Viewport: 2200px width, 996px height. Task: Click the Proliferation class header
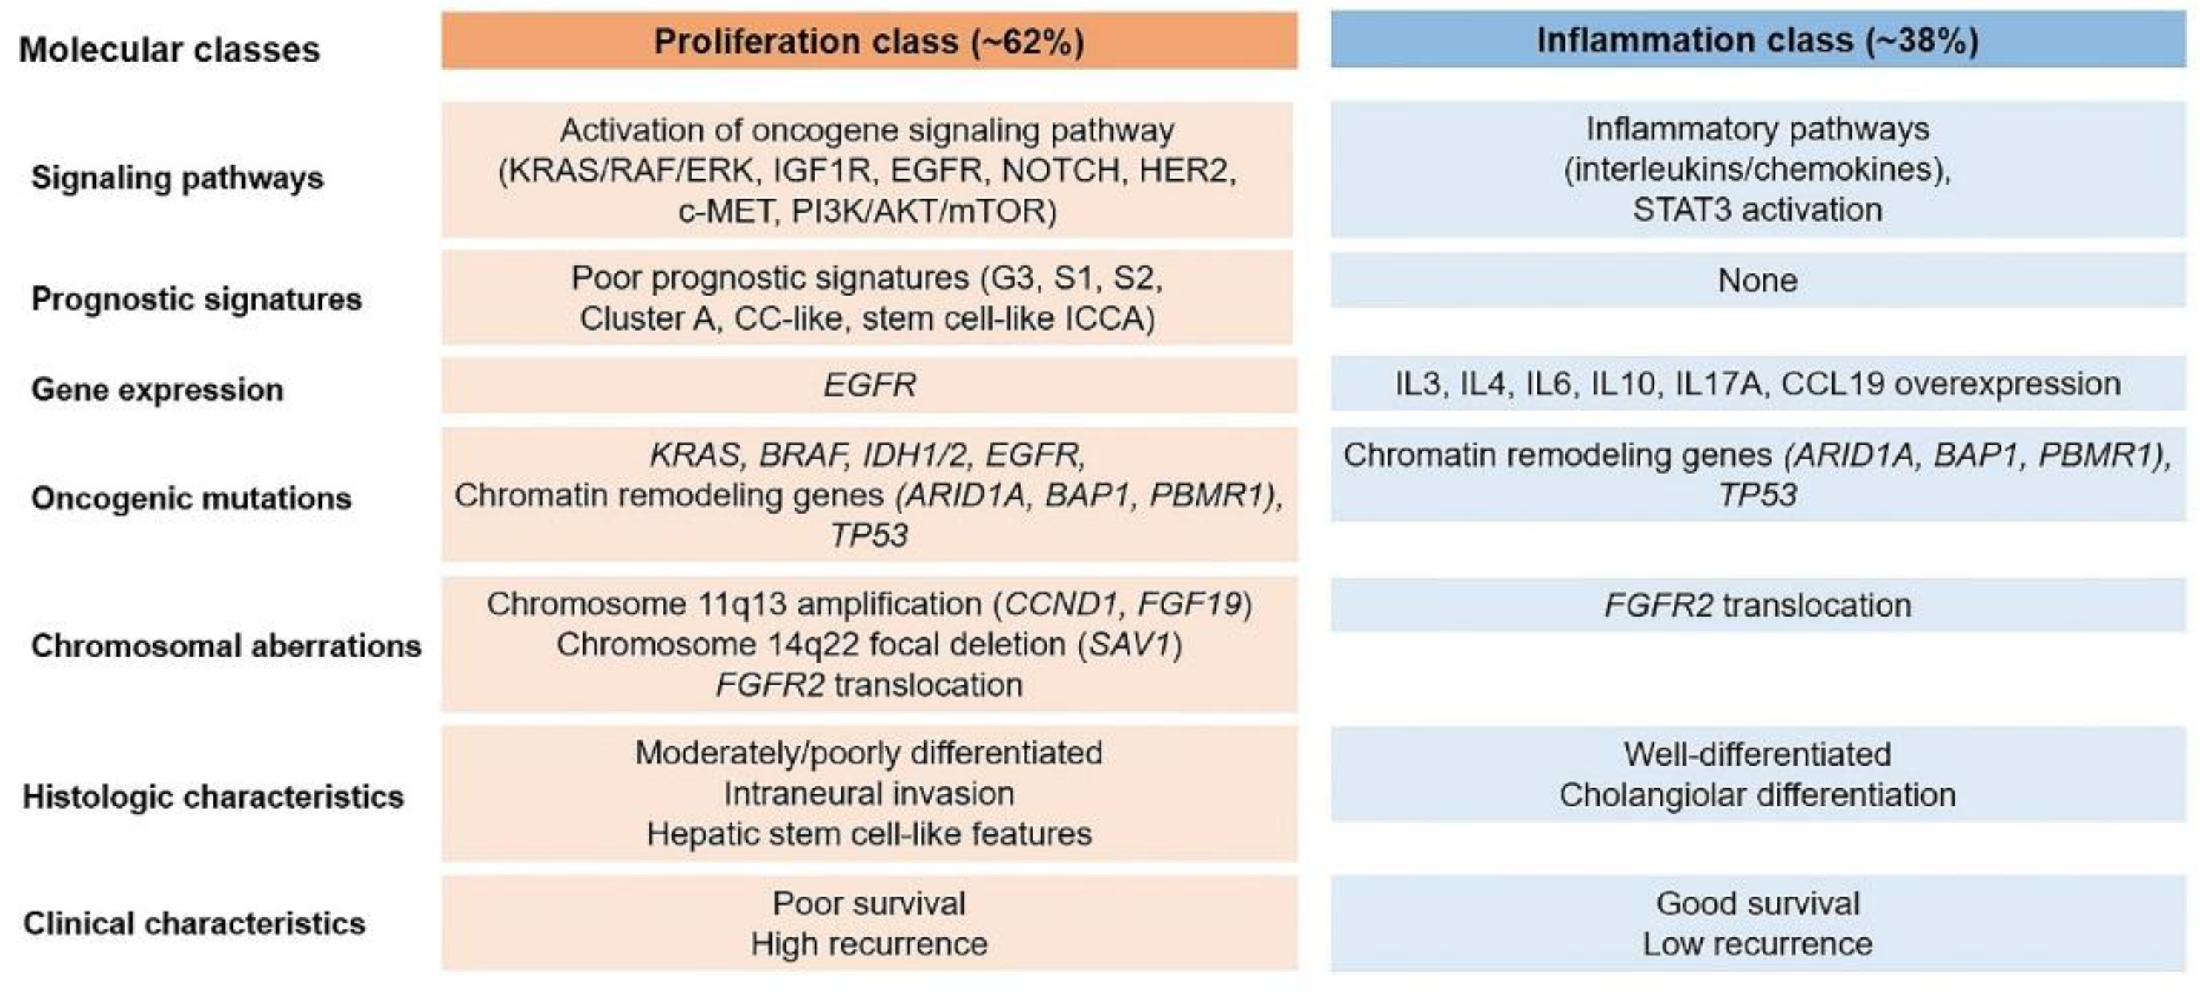pos(869,41)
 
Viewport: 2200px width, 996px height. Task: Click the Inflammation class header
pos(1757,40)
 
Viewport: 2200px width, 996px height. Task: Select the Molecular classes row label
pos(169,50)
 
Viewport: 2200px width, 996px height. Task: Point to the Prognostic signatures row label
pos(196,299)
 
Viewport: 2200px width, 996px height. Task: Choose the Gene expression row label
pos(157,390)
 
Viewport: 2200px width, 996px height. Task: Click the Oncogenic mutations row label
pos(191,498)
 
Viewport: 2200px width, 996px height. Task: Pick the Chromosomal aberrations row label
pos(226,645)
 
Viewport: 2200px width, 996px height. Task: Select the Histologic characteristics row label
pos(213,796)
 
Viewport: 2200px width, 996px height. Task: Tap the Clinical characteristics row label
pos(194,923)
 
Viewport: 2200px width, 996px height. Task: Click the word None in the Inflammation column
pos(1757,280)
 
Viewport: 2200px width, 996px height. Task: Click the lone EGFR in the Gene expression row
pos(869,385)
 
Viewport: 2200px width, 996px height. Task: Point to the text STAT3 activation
pos(1757,209)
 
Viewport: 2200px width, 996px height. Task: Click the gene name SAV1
pos(1129,644)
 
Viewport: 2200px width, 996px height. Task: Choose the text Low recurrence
pos(1757,944)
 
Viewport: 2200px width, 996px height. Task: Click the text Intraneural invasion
pos(869,794)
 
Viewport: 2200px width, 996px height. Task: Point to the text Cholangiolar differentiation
pos(1757,794)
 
